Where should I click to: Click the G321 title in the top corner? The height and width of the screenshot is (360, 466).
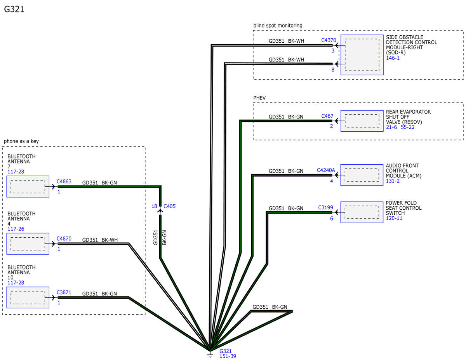[x=14, y=9]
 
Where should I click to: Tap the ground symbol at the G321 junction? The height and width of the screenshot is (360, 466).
[x=210, y=355]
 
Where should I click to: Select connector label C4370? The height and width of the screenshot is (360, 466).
[x=329, y=40]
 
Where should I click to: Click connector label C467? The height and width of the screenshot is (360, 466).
[x=327, y=116]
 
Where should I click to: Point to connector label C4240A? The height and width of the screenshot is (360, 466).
[x=326, y=170]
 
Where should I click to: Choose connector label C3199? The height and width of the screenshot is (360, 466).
[x=325, y=207]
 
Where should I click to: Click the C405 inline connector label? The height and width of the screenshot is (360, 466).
[x=169, y=206]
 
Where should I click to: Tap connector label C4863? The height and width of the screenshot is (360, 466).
[x=64, y=182]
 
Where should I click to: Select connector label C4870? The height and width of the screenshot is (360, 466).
[x=64, y=239]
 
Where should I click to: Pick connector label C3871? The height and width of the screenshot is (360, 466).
[x=64, y=292]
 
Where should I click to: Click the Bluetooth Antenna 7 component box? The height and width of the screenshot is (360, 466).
[x=28, y=186]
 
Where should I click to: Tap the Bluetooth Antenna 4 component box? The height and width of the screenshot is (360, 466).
[x=28, y=244]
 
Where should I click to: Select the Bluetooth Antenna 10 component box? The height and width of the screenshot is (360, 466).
[x=28, y=297]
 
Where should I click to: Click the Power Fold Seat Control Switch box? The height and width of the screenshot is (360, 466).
[x=362, y=212]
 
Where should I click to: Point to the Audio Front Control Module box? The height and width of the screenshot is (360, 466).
[x=362, y=175]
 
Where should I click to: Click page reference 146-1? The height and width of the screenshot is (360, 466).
[x=393, y=58]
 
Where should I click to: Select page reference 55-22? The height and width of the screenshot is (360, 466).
[x=408, y=127]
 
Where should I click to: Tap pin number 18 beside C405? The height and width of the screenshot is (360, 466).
[x=154, y=206]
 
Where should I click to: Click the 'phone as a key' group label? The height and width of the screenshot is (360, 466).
[x=21, y=141]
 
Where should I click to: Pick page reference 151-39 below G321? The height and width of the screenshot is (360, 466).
[x=228, y=356]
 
